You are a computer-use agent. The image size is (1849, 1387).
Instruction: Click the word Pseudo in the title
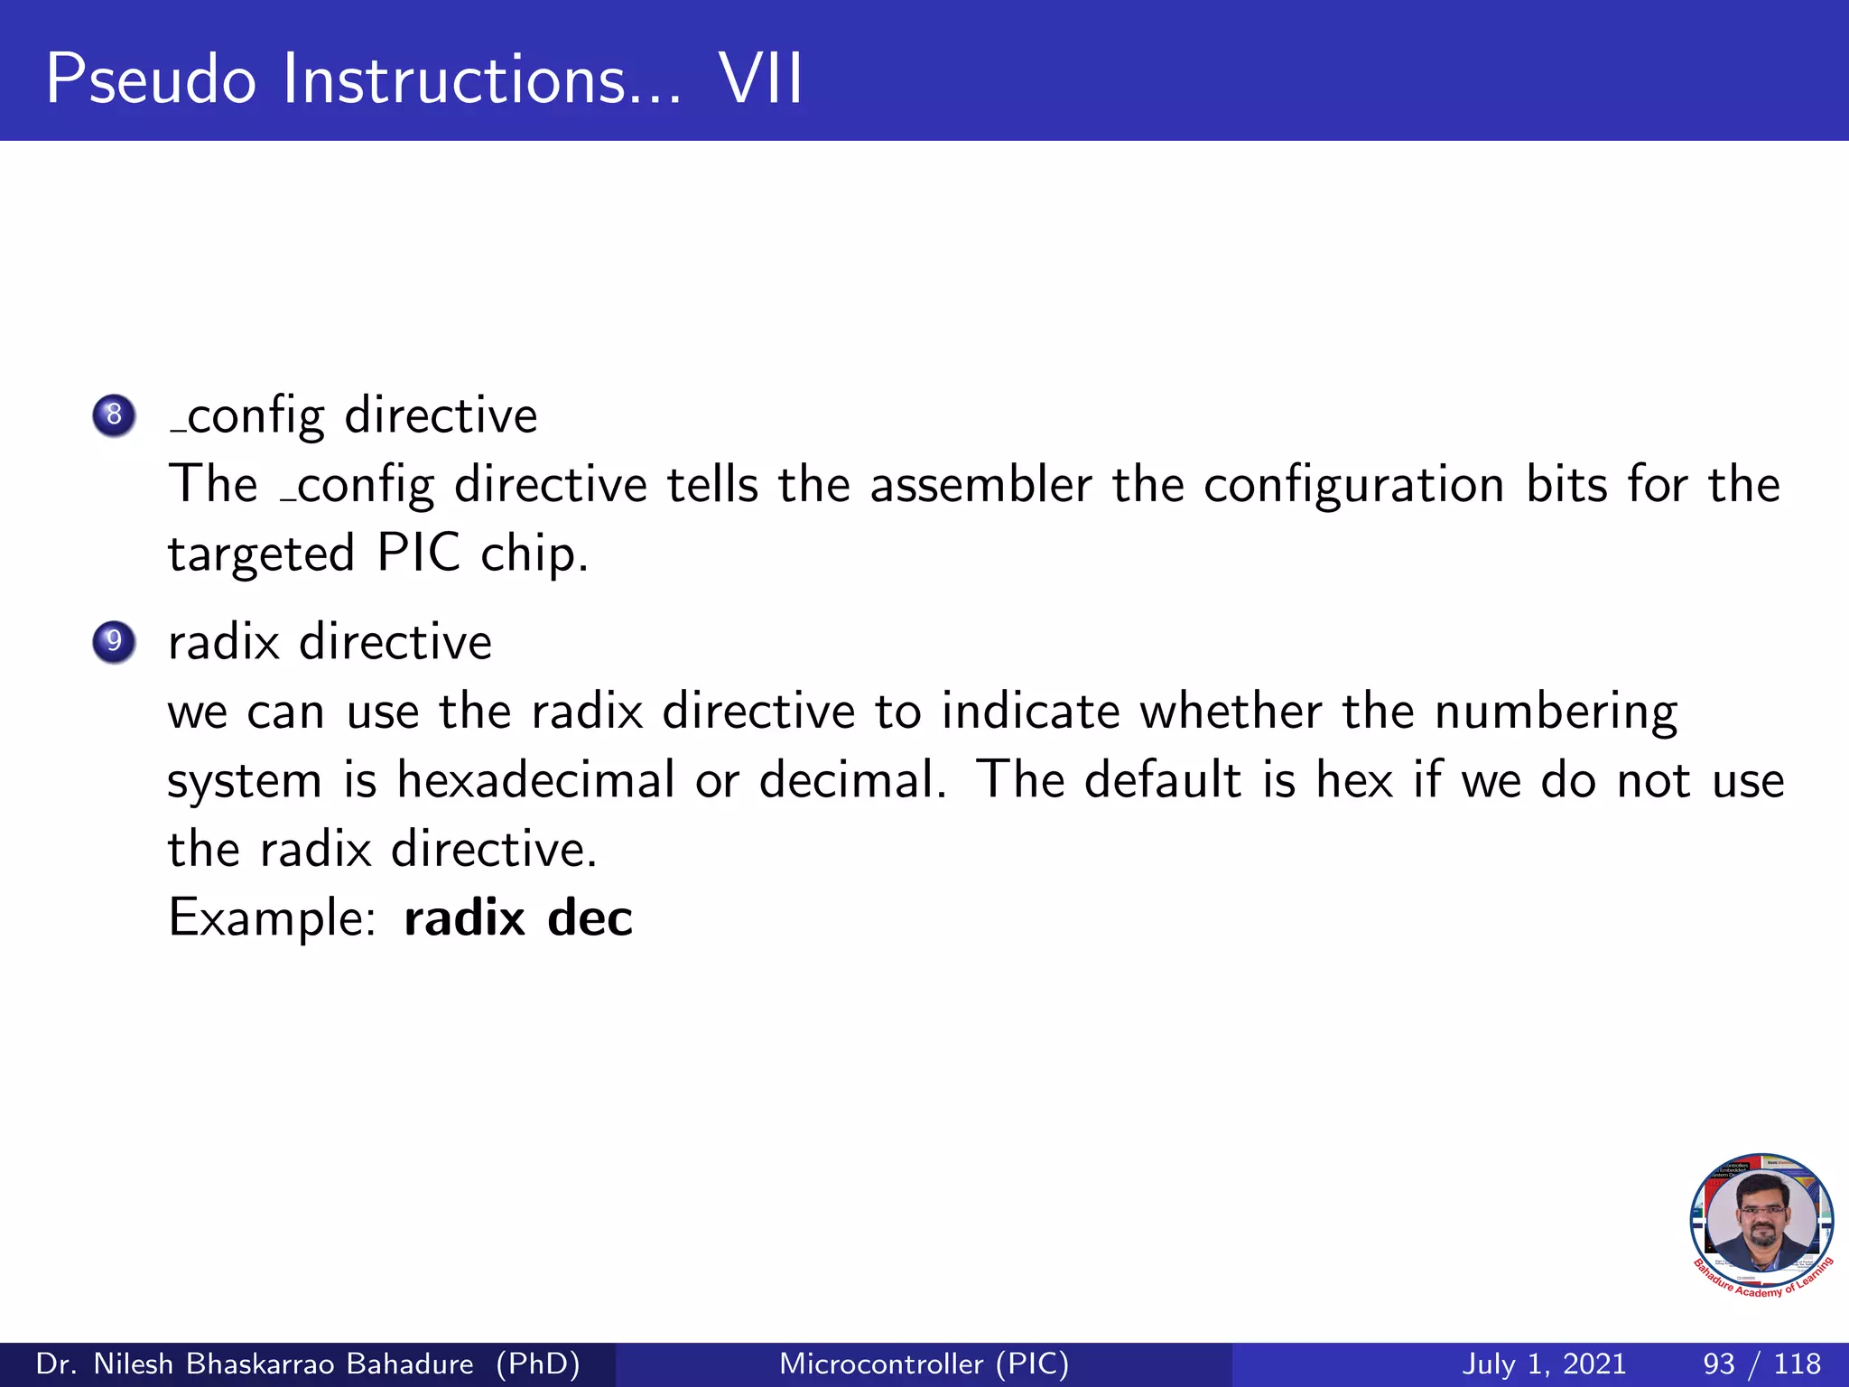pos(151,79)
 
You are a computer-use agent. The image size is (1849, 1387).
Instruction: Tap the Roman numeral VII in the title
pos(760,79)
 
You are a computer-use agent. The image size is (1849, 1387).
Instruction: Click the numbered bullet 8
pos(114,415)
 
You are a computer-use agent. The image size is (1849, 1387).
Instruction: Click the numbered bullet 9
pos(114,642)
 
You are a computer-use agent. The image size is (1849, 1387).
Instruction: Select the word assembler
pos(980,485)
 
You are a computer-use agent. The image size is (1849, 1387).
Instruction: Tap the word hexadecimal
pos(535,779)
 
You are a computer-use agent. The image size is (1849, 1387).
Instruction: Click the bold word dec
pos(590,918)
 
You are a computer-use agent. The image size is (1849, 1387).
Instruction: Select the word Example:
pos(272,919)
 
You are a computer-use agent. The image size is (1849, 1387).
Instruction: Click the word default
pos(1163,779)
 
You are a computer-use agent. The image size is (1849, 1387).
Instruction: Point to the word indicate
pos(1030,711)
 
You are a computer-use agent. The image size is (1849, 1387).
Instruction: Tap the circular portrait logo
pos(1761,1224)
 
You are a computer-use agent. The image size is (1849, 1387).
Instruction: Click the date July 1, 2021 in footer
pos(1543,1364)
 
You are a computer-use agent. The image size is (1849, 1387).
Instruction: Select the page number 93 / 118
pos(1761,1364)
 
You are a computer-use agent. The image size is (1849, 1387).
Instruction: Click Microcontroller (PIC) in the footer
pos(924,1364)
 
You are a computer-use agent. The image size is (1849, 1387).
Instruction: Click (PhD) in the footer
pos(538,1364)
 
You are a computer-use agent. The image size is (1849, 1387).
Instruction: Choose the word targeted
pos(261,554)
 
